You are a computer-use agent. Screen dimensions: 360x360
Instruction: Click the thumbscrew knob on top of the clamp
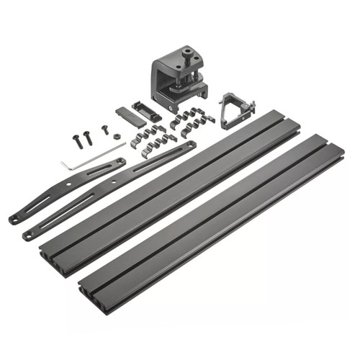(188, 52)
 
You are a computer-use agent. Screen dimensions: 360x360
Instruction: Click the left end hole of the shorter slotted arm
(13, 219)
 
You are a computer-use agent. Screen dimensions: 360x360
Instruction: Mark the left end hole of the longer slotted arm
(28, 235)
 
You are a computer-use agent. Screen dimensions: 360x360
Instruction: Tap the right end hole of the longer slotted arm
(191, 145)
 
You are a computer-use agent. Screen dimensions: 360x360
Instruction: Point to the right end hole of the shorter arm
(120, 161)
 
